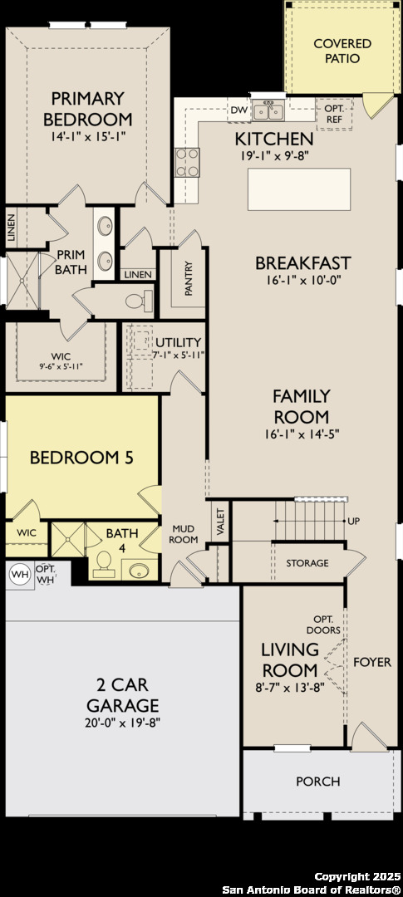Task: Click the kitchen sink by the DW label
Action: click(x=268, y=110)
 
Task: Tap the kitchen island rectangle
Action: click(x=299, y=189)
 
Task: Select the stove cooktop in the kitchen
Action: click(x=187, y=163)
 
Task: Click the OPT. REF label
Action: click(x=334, y=113)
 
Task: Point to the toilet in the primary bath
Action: click(x=140, y=301)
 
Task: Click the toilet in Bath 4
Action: click(x=104, y=564)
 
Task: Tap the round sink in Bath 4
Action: click(x=140, y=571)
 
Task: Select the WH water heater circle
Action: click(x=20, y=574)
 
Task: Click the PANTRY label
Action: click(x=189, y=278)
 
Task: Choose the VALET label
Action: click(x=220, y=520)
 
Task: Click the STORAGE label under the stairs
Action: click(x=307, y=563)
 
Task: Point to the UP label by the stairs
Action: click(x=354, y=521)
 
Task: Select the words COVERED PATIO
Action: click(x=342, y=51)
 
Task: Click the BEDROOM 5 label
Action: click(x=81, y=458)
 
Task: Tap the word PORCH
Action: click(x=318, y=781)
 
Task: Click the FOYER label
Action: click(x=372, y=662)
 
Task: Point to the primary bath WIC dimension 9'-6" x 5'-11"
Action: click(x=61, y=367)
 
